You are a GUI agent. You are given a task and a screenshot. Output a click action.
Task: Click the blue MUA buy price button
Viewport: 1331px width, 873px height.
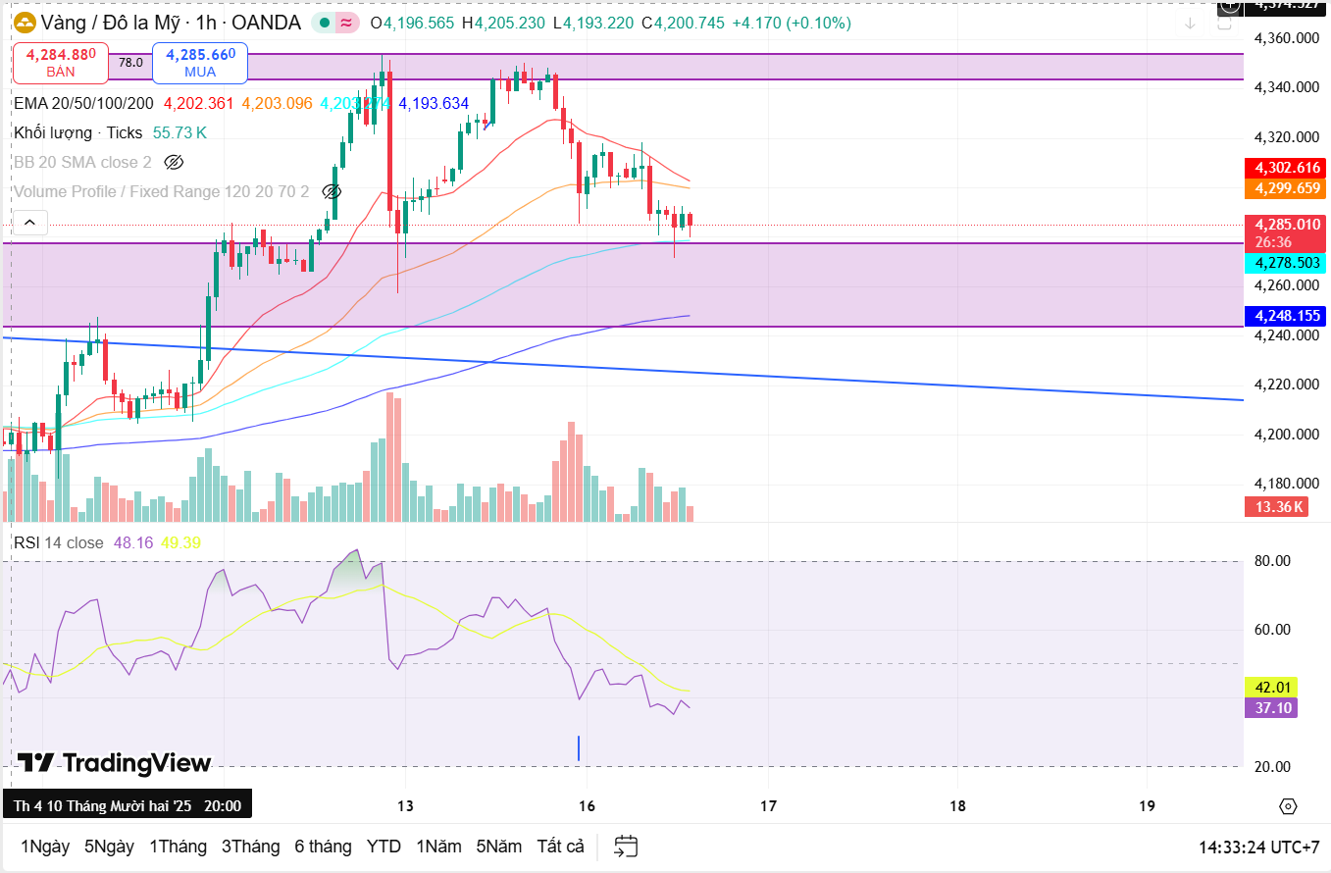200,63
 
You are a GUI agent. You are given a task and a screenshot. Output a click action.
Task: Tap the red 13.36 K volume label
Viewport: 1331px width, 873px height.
1275,507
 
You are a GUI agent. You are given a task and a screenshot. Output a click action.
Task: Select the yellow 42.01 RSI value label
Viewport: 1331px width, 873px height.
1269,687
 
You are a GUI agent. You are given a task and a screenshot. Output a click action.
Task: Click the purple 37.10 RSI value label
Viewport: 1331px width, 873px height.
1269,707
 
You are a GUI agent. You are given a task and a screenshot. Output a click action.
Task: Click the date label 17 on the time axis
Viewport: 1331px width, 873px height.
768,806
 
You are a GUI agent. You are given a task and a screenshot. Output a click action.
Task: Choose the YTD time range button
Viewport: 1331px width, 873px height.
384,846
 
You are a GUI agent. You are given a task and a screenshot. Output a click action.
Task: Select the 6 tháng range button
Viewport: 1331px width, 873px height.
323,846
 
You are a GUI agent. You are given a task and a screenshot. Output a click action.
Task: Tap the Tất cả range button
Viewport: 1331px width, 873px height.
560,846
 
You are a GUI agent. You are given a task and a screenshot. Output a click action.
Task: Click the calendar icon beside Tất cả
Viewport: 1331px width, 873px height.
626,846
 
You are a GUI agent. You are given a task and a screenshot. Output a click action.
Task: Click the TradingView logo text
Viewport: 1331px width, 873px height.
114,763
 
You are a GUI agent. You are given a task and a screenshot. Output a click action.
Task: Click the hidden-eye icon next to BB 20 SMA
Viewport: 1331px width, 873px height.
174,162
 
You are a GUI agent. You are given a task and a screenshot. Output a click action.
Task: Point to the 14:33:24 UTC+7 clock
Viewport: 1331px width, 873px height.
1258,847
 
